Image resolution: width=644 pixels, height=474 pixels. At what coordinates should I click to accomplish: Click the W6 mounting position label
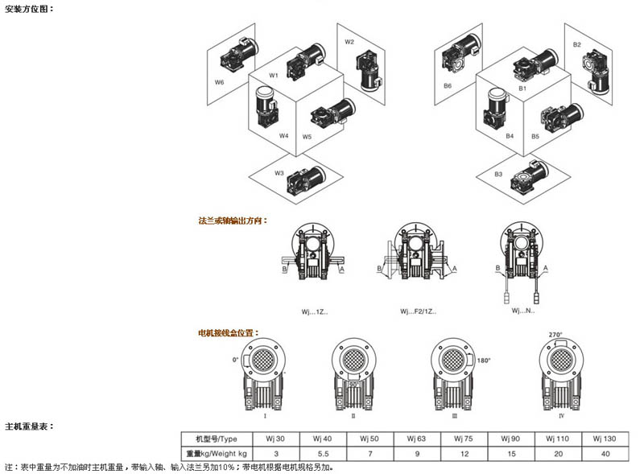tap(219, 82)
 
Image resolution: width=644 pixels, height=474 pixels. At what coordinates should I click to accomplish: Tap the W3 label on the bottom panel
tap(279, 173)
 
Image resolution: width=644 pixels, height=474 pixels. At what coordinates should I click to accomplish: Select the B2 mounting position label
tap(577, 45)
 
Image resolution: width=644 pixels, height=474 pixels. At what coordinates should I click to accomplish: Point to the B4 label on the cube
tap(510, 136)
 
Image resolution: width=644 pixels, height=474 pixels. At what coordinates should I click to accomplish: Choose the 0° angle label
tap(237, 360)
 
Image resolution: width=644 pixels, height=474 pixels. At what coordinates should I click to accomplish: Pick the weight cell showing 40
tap(603, 454)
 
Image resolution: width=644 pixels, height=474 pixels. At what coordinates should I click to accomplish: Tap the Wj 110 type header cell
tap(556, 439)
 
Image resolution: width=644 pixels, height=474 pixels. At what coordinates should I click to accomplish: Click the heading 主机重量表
tap(28, 426)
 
